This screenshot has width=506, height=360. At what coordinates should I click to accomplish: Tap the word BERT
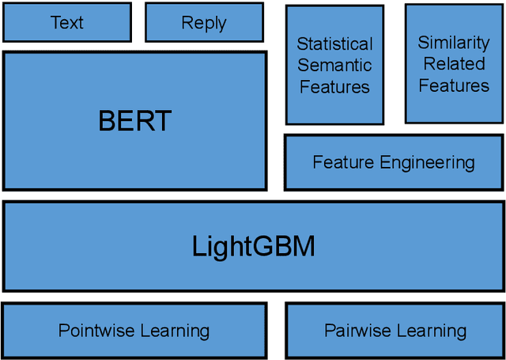[x=134, y=121]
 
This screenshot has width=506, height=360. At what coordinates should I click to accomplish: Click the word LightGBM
[x=253, y=247]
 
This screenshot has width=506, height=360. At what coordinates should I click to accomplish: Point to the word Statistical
[x=334, y=44]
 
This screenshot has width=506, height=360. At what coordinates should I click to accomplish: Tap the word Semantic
[x=334, y=66]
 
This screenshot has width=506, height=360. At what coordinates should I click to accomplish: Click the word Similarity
[x=454, y=43]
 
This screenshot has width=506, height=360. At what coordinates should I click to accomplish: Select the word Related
[x=454, y=64]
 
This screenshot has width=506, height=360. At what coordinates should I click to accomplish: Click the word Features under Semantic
[x=334, y=86]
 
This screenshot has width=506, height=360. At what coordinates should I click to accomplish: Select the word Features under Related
[x=454, y=85]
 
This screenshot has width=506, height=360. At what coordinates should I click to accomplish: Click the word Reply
[x=204, y=23]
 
